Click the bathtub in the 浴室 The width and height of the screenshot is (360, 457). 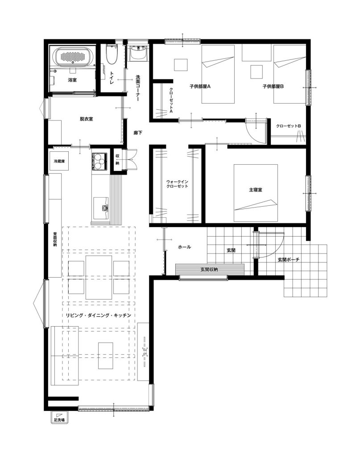tap(73, 57)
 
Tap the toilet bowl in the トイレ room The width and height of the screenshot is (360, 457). tap(111, 55)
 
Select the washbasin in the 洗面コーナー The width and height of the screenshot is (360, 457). tap(138, 53)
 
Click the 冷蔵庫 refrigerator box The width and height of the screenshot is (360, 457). tap(59, 161)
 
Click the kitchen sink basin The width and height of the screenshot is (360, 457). tap(101, 208)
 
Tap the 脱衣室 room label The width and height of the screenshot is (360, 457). tap(86, 119)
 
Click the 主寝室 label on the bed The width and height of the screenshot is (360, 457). tap(256, 190)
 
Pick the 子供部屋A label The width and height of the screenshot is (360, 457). tap(200, 86)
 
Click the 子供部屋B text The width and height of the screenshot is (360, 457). tap(273, 86)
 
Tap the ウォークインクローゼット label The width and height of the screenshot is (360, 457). tap(177, 183)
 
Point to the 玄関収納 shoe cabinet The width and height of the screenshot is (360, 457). tap(210, 269)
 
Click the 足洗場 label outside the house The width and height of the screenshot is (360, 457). tap(59, 420)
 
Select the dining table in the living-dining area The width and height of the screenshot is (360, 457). tap(99, 277)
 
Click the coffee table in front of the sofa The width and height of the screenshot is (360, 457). tap(105, 356)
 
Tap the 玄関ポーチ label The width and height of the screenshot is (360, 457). tap(288, 259)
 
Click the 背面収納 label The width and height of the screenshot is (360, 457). tap(55, 239)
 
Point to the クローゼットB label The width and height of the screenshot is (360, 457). tap(288, 126)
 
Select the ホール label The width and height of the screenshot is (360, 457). tap(184, 247)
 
